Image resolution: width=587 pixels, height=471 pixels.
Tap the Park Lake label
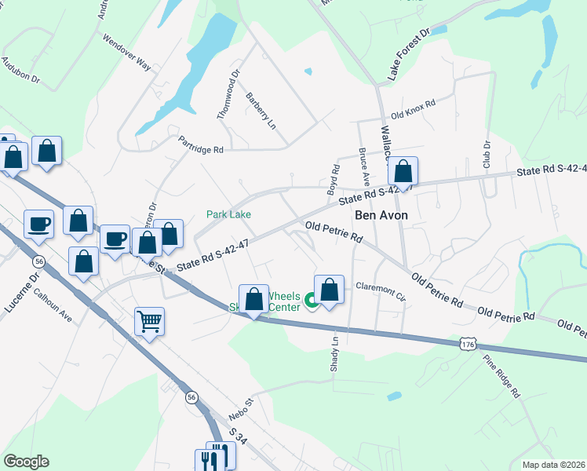pyautogui.click(x=228, y=214)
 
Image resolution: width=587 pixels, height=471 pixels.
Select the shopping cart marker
pyautogui.click(x=149, y=320)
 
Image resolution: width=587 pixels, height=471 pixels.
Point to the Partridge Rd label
pyautogui.click(x=201, y=144)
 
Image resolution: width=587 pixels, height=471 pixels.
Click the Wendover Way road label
pyautogui.click(x=126, y=53)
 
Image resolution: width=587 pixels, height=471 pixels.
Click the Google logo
pyautogui.click(x=26, y=462)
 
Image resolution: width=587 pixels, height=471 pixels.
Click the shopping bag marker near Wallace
pyautogui.click(x=403, y=173)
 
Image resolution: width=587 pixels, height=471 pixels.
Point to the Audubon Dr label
pyautogui.click(x=20, y=70)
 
